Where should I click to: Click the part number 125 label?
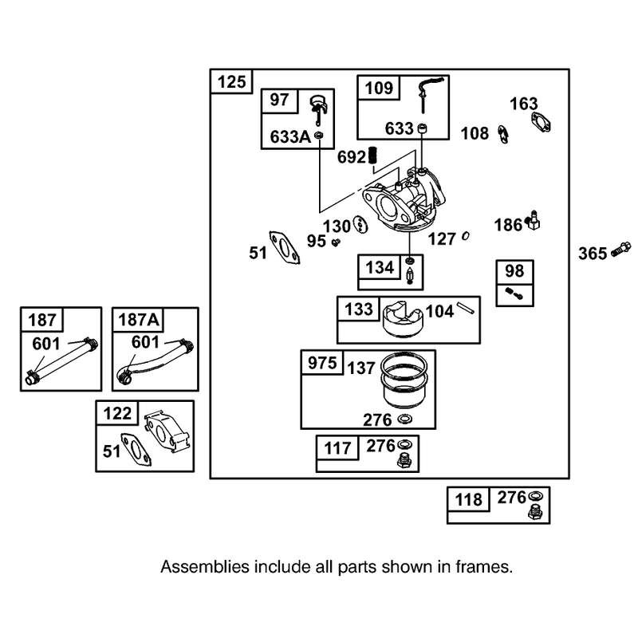point(232,82)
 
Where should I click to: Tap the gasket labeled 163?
point(541,122)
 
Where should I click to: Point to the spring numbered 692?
point(372,156)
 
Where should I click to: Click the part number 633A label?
point(290,137)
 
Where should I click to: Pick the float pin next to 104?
point(466,308)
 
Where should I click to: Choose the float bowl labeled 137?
point(404,380)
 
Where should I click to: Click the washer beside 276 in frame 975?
point(405,418)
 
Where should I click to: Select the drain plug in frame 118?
point(535,512)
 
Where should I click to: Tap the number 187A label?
point(138,320)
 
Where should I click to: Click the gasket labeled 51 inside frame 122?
point(136,449)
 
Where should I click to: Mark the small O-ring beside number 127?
point(466,236)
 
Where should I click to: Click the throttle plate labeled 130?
point(360,225)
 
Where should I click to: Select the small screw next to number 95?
point(336,242)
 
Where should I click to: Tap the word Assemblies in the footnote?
point(205,567)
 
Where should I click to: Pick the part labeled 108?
point(503,134)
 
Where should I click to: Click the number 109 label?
point(379,88)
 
